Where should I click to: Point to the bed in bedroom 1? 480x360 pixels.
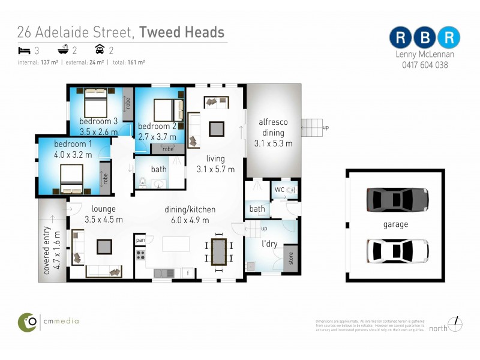click(x=75, y=176)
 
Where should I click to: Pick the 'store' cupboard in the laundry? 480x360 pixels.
click(x=290, y=260)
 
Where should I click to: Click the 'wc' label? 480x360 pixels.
click(x=279, y=190)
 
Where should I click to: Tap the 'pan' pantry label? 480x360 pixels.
click(x=140, y=240)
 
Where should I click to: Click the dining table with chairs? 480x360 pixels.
click(x=218, y=251)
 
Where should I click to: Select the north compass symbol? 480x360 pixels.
click(x=456, y=324)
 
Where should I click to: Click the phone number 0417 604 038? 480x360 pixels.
click(x=425, y=65)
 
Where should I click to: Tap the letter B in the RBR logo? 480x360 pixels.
click(x=425, y=37)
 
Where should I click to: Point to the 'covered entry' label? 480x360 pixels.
click(x=52, y=246)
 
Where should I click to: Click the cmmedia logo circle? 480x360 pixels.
click(x=28, y=321)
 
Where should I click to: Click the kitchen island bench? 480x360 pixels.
click(x=176, y=244)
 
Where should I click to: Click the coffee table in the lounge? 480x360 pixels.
click(x=104, y=247)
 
